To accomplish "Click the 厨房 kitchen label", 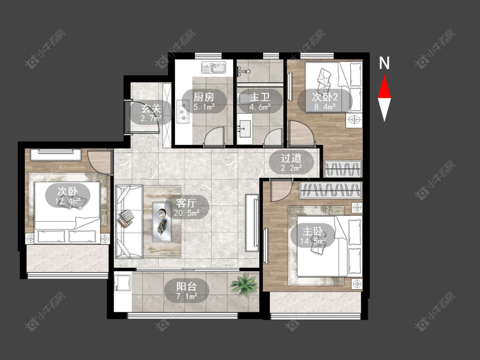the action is pos(204,97).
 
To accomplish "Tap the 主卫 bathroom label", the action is pos(260,97).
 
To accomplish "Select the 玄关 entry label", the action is pos(151,109).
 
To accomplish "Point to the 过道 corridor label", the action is pos(291,158).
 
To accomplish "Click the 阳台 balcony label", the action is pos(186,287).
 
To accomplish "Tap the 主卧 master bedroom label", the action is pos(313,231).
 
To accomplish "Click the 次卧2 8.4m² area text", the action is pos(325,107).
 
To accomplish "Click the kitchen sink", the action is pos(213,68).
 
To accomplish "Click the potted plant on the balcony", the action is pos(244,285).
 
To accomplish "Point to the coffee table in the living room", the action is pos(162,221).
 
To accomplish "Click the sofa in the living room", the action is pos(129,221).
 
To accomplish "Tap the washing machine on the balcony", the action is pos(122,284).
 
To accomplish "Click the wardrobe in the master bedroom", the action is pos(331,190).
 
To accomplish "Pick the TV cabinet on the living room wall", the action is pos(252,223).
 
